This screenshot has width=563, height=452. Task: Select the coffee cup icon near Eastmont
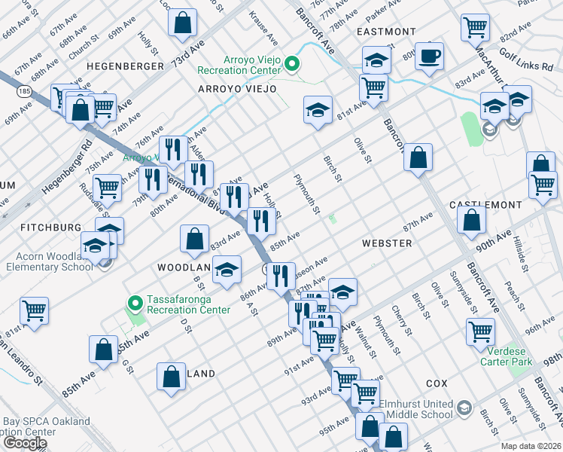pos(429,56)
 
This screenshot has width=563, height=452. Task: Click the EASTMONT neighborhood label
pos(386,32)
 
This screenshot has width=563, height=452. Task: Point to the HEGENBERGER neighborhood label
pos(125,66)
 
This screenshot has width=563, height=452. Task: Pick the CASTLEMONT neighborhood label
pos(485,205)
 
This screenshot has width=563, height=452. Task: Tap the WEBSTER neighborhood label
pos(386,243)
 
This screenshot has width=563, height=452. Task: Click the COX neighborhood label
pos(437,383)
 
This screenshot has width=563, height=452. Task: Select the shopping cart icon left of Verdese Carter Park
pos(480,330)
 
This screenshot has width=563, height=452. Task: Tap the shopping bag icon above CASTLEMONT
pos(418,157)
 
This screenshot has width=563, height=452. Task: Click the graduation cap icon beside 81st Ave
pos(318,111)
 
